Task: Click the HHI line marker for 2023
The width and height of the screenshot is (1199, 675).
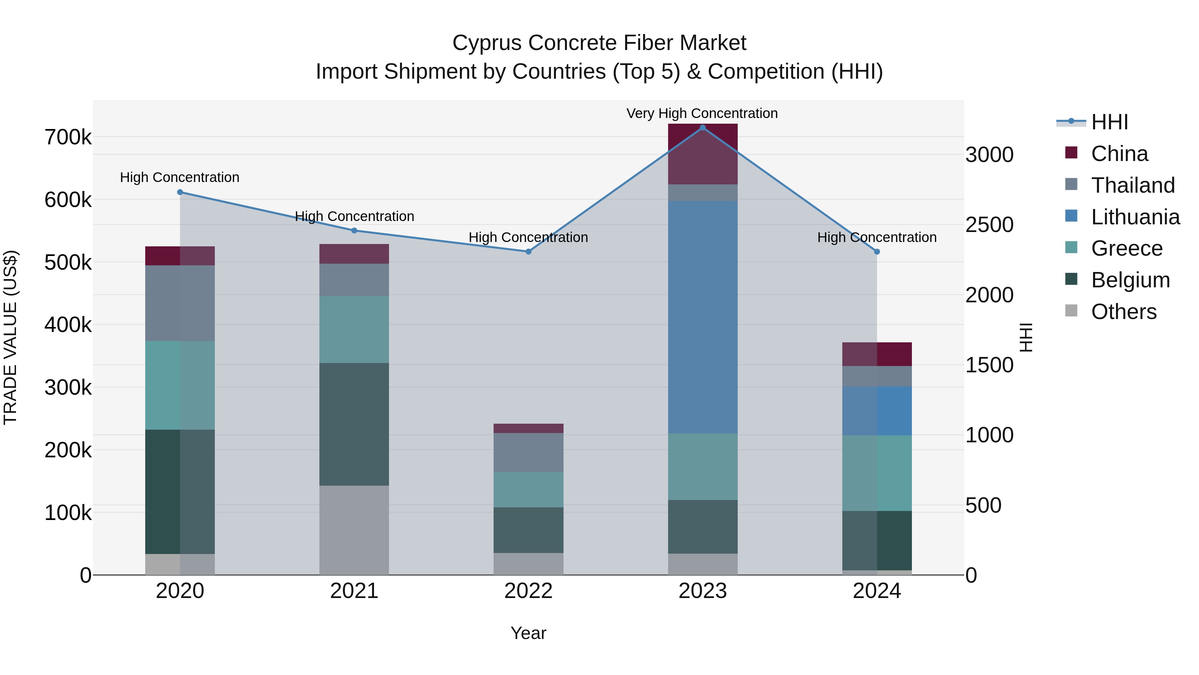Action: coord(702,127)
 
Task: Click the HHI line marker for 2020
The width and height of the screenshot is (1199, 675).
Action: coord(180,192)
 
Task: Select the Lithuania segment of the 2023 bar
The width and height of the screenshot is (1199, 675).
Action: coord(702,317)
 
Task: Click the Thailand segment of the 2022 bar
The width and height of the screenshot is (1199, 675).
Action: coord(528,452)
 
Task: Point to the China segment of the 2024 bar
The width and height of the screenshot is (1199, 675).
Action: coord(877,354)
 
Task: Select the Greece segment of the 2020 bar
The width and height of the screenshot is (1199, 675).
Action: coord(180,385)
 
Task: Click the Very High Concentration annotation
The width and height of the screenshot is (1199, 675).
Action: coord(702,113)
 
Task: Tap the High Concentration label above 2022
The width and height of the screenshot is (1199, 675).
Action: coord(528,237)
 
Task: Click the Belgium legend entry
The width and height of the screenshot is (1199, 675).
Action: coord(1130,280)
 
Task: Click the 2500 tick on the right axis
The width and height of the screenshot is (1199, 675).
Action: coord(989,225)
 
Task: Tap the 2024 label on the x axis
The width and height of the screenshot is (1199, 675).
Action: coord(877,591)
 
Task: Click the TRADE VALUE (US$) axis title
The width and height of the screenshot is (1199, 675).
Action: coord(10,337)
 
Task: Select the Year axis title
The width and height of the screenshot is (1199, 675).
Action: coord(528,633)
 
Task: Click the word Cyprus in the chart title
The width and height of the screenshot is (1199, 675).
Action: coord(487,43)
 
